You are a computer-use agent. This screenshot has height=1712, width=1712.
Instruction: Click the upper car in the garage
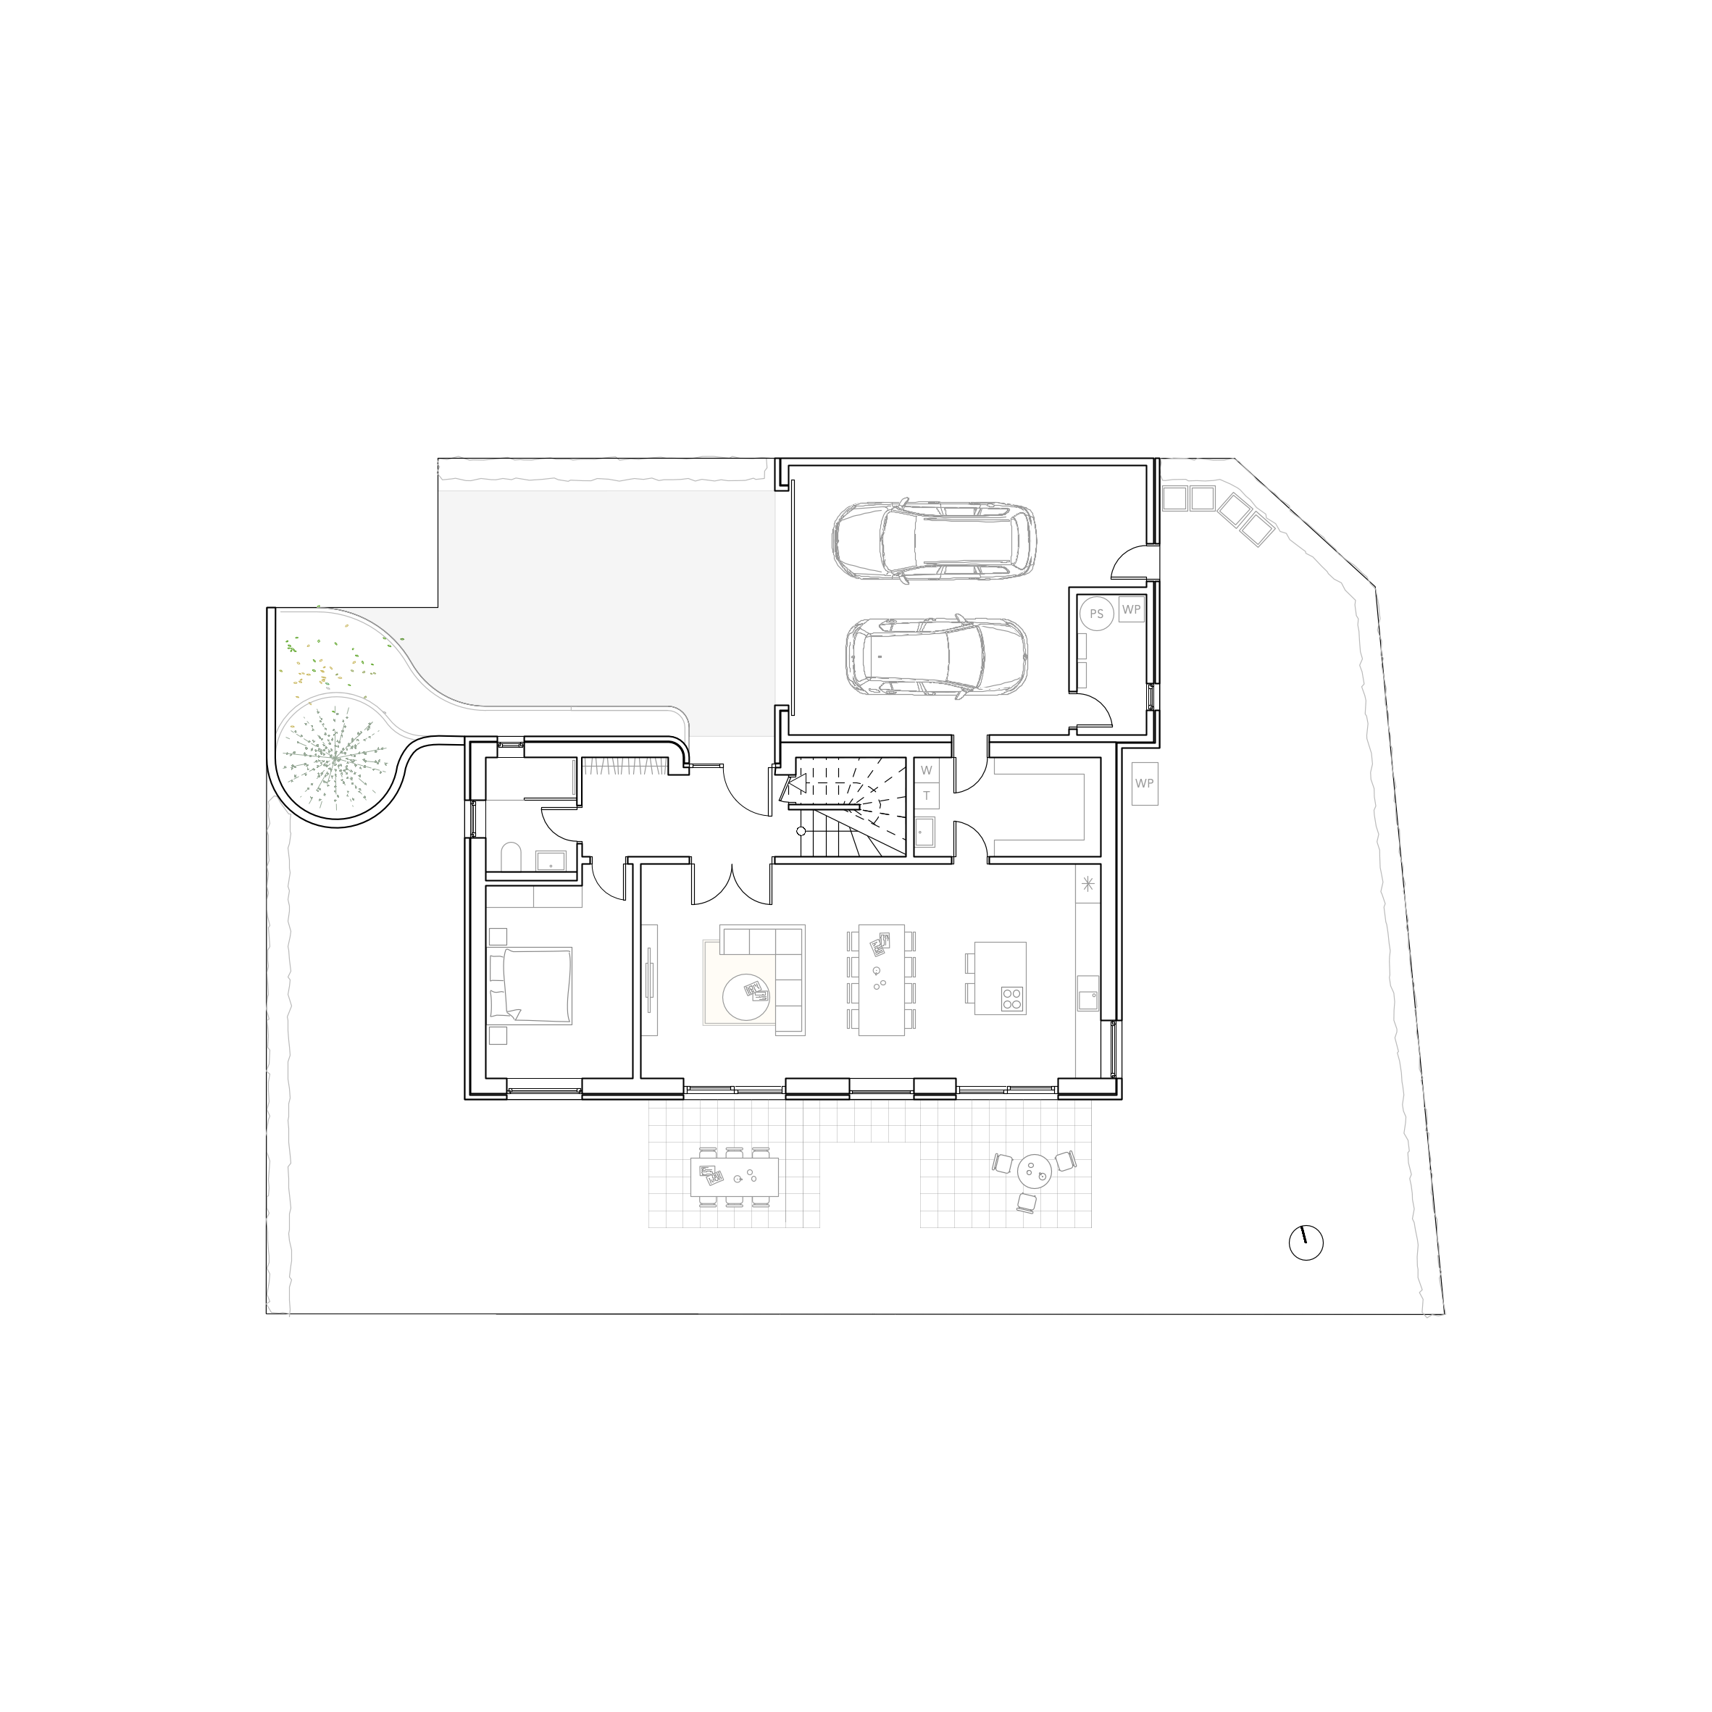tap(934, 541)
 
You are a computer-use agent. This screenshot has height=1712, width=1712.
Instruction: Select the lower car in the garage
tap(936, 656)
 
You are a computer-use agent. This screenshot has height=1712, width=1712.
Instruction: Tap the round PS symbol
tap(1096, 613)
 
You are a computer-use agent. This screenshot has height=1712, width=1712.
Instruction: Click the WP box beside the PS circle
tap(1131, 609)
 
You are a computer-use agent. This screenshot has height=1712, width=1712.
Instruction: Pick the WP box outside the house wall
tap(1144, 783)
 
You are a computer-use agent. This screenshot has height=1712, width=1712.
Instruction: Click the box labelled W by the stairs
tap(927, 770)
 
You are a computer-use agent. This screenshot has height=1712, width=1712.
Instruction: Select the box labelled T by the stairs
tap(927, 795)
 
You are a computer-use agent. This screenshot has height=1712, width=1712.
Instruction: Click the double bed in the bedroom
tap(530, 985)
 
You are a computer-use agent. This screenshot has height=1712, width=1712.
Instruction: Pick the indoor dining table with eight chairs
tap(881, 980)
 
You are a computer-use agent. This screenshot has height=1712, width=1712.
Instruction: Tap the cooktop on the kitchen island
tap(1012, 998)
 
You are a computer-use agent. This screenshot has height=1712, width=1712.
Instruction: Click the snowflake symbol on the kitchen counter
tap(1088, 883)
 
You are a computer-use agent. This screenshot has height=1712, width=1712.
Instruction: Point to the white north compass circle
tap(1306, 1243)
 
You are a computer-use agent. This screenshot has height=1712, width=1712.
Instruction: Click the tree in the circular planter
tap(334, 759)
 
